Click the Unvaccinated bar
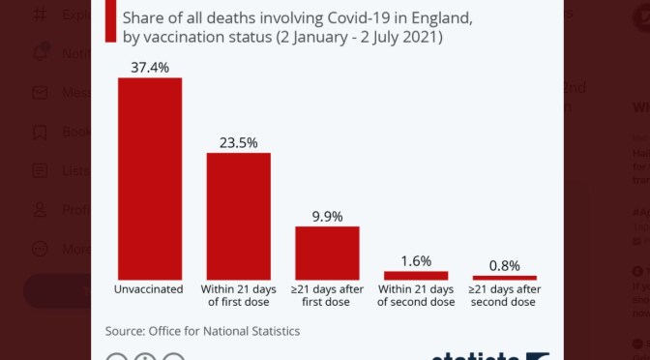click(150, 178)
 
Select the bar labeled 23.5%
click(238, 216)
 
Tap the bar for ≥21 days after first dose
click(327, 253)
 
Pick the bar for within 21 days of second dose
click(416, 275)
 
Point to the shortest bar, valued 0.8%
click(504, 277)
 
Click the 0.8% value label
click(504, 264)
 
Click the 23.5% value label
click(238, 141)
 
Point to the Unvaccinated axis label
click(150, 288)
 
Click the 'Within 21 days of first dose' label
click(238, 294)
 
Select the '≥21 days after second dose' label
click(504, 294)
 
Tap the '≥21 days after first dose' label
click(327, 294)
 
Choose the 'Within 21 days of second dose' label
click(416, 294)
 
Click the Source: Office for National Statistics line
click(202, 331)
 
